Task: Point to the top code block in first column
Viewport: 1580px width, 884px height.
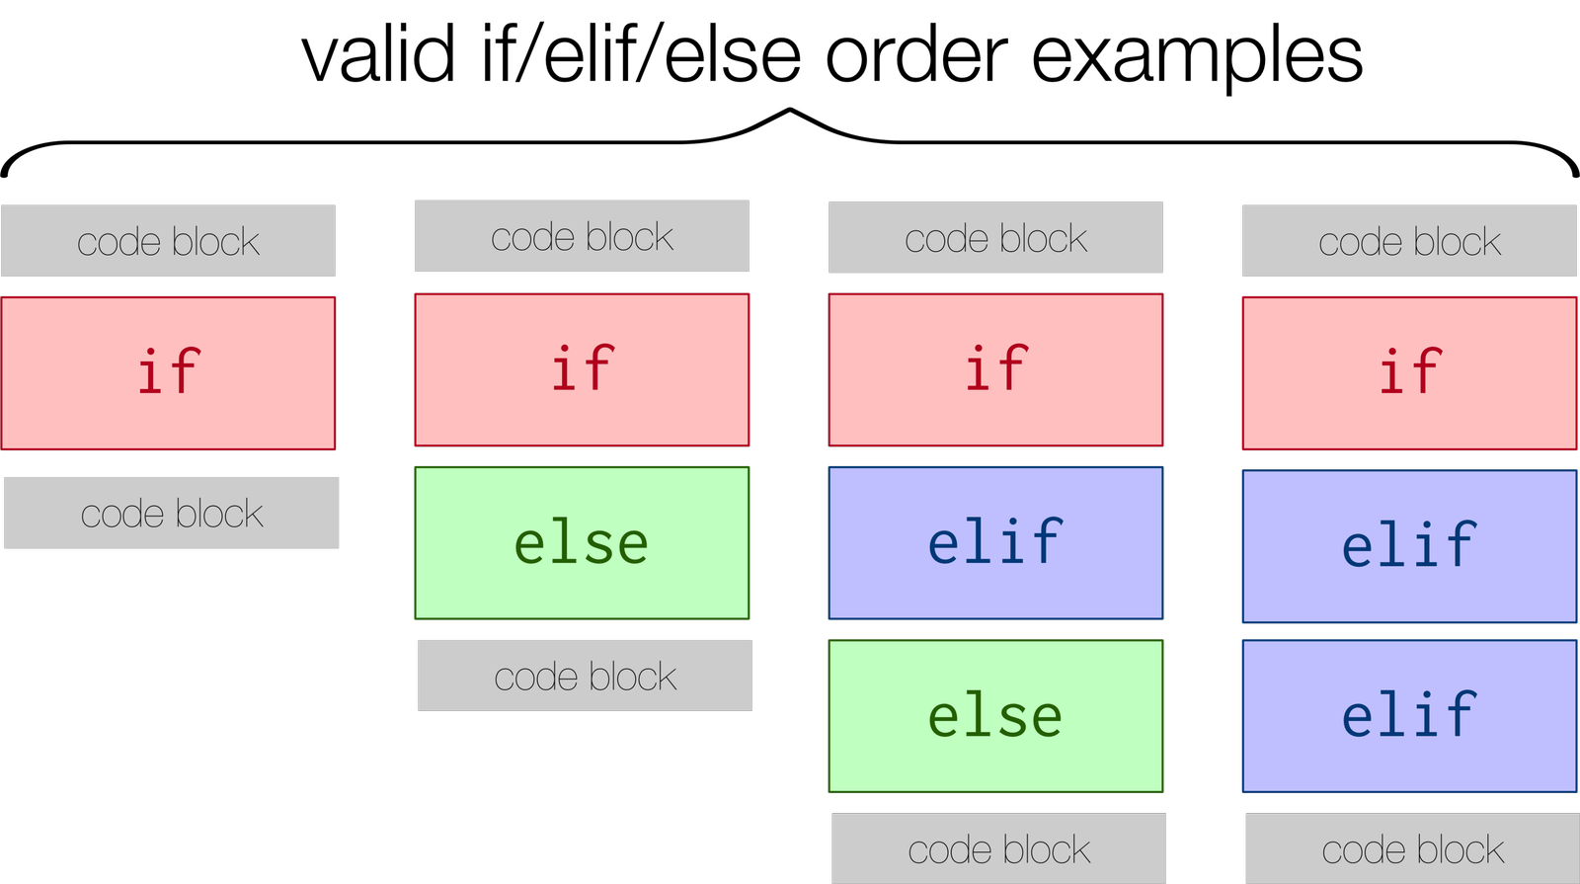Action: tap(168, 241)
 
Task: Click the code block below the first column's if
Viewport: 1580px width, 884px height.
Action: tap(172, 513)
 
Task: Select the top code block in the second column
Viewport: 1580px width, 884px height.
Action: tap(582, 236)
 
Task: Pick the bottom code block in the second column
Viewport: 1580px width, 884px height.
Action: tap(585, 676)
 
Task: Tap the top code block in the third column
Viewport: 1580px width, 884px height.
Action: tap(995, 237)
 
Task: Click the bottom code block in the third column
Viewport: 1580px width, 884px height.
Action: tap(998, 848)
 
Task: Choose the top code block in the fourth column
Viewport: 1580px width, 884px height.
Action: tap(1409, 241)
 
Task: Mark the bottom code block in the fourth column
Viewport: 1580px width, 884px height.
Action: tap(1412, 848)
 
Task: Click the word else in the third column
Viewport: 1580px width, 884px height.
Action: tap(995, 716)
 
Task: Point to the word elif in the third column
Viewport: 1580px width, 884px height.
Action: tap(995, 542)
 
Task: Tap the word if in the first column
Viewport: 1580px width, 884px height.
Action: tap(168, 372)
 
